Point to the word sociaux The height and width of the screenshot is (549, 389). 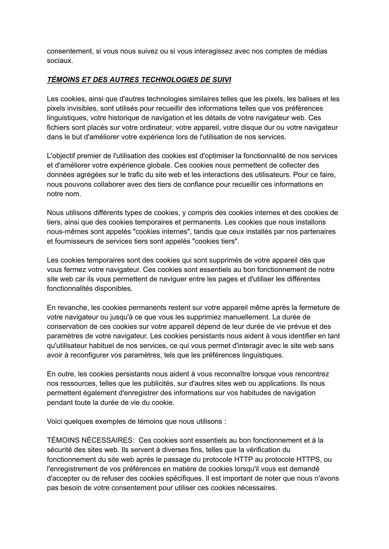pyautogui.click(x=60, y=61)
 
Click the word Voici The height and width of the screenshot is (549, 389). pyautogui.click(x=55, y=421)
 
